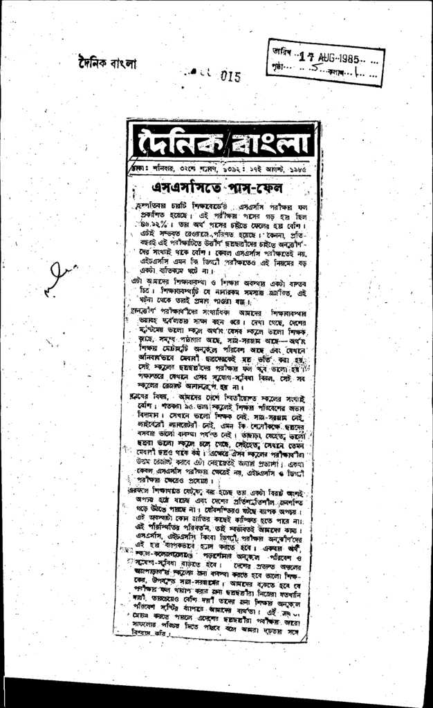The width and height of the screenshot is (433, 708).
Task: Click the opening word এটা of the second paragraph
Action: coord(137,281)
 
